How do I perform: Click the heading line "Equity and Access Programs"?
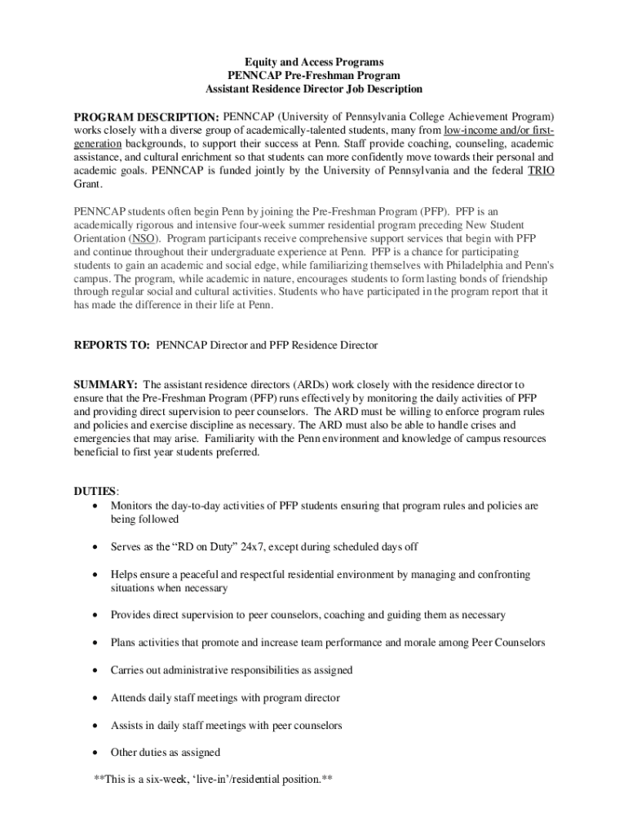(314, 62)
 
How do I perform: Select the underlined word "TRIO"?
(541, 170)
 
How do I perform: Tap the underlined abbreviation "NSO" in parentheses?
(144, 239)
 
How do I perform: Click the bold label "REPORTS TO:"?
(111, 346)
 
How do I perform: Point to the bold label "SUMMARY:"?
(105, 384)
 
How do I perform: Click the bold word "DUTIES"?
(95, 492)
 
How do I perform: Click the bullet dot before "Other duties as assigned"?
(97, 753)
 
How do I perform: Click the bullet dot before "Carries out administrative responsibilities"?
(97, 670)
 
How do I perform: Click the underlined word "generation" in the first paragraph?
(102, 130)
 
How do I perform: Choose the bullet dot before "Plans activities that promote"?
(97, 643)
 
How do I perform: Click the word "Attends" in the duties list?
(129, 698)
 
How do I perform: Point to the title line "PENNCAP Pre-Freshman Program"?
(314, 76)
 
